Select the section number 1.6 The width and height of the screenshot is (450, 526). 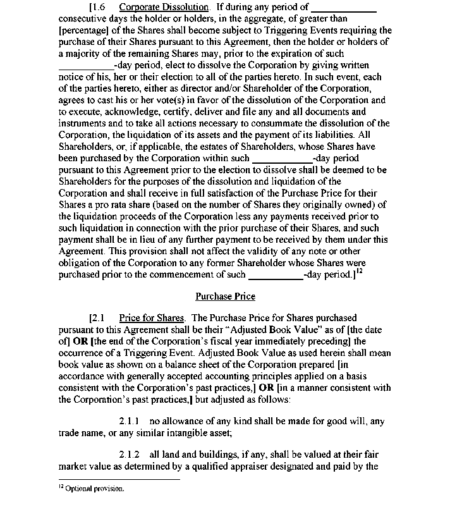(101, 8)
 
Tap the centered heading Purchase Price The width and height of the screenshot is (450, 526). (225, 296)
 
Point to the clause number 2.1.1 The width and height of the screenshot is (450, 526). (129, 421)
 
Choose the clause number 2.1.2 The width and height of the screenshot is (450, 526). (129, 455)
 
